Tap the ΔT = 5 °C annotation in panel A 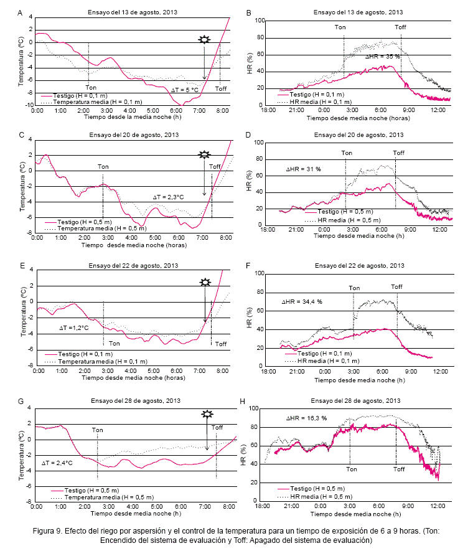[185, 90]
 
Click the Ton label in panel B [340, 27]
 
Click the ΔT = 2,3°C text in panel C [169, 197]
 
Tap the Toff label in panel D [398, 153]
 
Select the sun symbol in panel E [205, 283]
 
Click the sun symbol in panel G [206, 414]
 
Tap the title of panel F [358, 266]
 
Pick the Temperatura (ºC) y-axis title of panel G [21, 455]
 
